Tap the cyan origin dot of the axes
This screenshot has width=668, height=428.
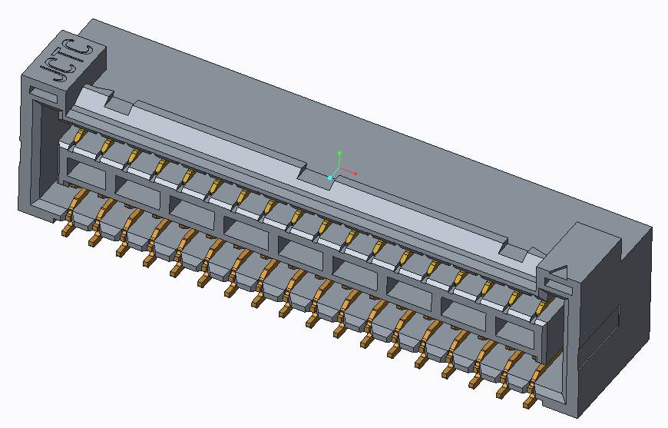pos(330,178)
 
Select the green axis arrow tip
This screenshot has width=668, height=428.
pos(339,153)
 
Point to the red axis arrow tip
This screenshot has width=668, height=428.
pos(355,173)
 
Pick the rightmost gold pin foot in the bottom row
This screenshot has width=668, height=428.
pos(530,401)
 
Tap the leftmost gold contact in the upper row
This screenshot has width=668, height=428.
pos(78,136)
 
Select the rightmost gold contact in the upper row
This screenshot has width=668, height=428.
pos(541,309)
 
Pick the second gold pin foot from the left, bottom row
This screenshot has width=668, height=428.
pos(94,240)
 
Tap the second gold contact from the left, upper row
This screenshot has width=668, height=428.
pos(106,146)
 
